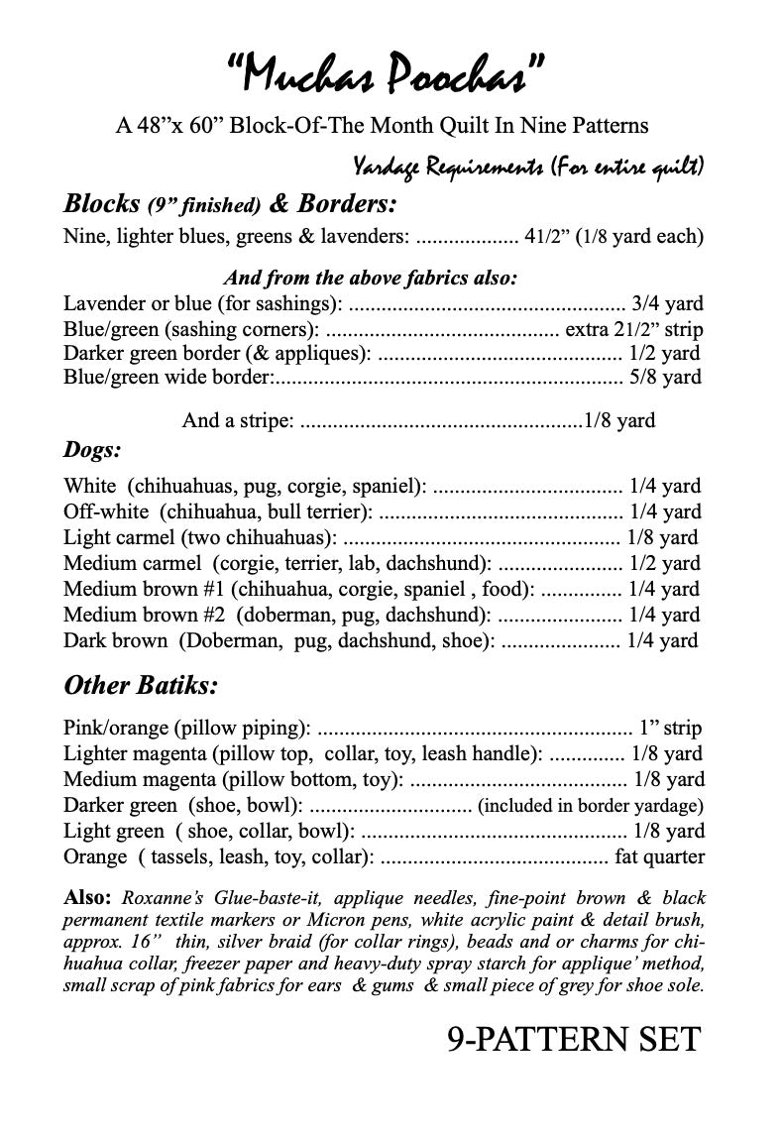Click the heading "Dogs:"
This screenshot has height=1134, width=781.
92,450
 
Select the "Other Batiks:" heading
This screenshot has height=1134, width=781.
141,685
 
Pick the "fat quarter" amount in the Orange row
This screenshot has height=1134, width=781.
660,855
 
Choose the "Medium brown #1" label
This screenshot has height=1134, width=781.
145,589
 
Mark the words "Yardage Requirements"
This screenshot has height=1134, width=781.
443,166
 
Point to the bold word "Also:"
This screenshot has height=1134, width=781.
88,899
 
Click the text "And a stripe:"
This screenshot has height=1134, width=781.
238,420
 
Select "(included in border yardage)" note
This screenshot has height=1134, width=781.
591,805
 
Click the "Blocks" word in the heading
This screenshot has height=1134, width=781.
101,204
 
